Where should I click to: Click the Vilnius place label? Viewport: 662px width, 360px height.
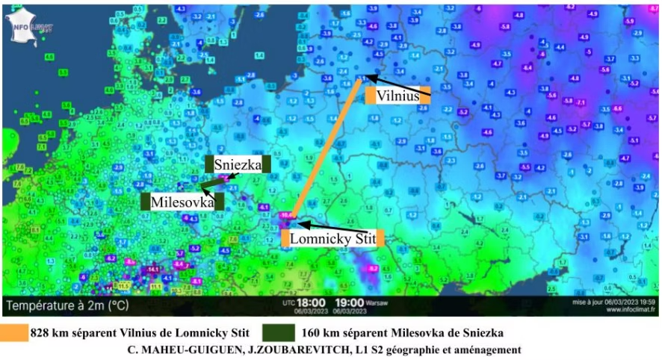(x=397, y=95)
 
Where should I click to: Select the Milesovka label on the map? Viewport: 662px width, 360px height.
(x=182, y=202)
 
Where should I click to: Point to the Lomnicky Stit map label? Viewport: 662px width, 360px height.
(x=332, y=238)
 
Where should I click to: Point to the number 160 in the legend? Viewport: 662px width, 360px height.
(x=313, y=331)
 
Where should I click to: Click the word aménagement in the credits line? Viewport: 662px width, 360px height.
(x=484, y=350)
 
